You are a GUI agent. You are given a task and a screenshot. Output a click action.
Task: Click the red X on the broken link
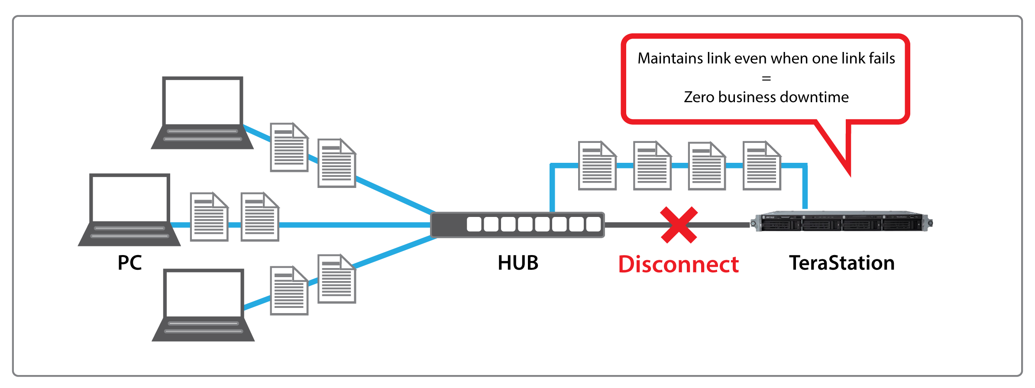(x=679, y=225)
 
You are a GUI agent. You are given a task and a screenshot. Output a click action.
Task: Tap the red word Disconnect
(x=678, y=265)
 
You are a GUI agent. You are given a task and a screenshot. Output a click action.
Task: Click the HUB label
(x=518, y=263)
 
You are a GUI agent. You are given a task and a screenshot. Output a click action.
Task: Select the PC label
(x=129, y=263)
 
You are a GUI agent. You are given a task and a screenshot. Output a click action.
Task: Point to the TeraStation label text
(x=841, y=263)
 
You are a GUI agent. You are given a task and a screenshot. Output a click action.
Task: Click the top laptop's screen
(x=202, y=101)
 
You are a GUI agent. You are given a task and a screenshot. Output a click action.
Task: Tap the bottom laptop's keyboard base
(x=203, y=329)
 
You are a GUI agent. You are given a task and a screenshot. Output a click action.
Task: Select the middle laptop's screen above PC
(x=129, y=198)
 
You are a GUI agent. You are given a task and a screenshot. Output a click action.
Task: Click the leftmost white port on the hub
(x=474, y=224)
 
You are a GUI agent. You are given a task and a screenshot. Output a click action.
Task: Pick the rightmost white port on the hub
(x=593, y=224)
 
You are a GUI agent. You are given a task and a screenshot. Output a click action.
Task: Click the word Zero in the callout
(x=699, y=97)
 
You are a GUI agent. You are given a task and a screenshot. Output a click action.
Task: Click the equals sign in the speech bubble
(x=766, y=78)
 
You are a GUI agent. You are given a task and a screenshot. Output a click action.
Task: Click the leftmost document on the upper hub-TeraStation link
(x=597, y=166)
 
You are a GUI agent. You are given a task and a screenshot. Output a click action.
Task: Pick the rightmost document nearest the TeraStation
(x=762, y=166)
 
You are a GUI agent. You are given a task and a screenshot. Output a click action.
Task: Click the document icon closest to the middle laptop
(x=209, y=217)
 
